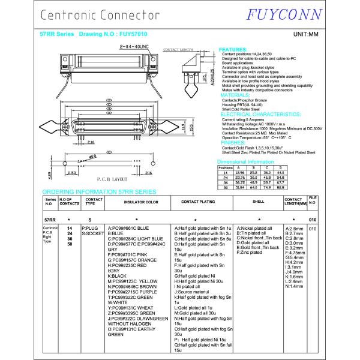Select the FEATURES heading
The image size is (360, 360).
tap(232, 50)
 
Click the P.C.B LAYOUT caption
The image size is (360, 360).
tap(111, 180)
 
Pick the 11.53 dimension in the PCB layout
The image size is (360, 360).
tap(71, 173)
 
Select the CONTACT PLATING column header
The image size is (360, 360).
tap(198, 202)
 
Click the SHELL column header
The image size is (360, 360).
tap(258, 202)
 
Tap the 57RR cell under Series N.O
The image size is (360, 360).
tap(50, 220)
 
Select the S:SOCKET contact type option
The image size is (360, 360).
tap(94, 233)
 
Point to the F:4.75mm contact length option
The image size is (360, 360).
tap(296, 253)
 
